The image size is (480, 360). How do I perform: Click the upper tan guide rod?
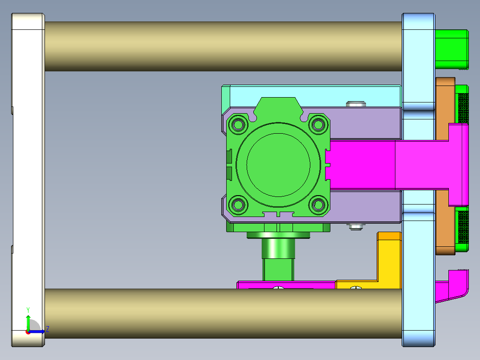coord(223,46)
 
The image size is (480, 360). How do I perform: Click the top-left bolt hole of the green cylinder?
coord(238,124)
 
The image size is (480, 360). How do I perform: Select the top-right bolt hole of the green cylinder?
coord(318,124)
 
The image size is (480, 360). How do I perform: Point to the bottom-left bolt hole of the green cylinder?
coord(238,205)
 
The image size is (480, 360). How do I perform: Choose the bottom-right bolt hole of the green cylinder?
coord(318,205)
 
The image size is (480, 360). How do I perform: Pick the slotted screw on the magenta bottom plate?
coord(279,288)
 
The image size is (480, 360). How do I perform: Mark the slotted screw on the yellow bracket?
coord(356,288)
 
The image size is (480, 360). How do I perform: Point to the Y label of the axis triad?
coord(28,310)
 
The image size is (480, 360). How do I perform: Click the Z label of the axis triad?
coord(47,329)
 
